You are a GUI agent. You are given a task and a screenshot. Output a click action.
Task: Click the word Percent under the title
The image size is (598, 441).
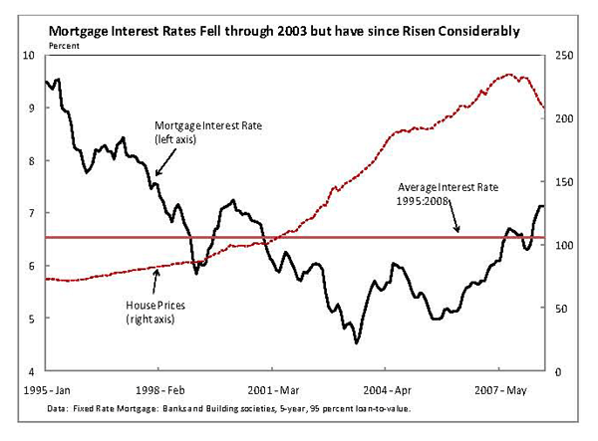point(64,46)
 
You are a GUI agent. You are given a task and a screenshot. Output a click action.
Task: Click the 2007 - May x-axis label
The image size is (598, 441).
point(500,390)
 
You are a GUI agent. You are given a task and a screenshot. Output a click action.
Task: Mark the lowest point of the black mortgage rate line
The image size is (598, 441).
point(357,342)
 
